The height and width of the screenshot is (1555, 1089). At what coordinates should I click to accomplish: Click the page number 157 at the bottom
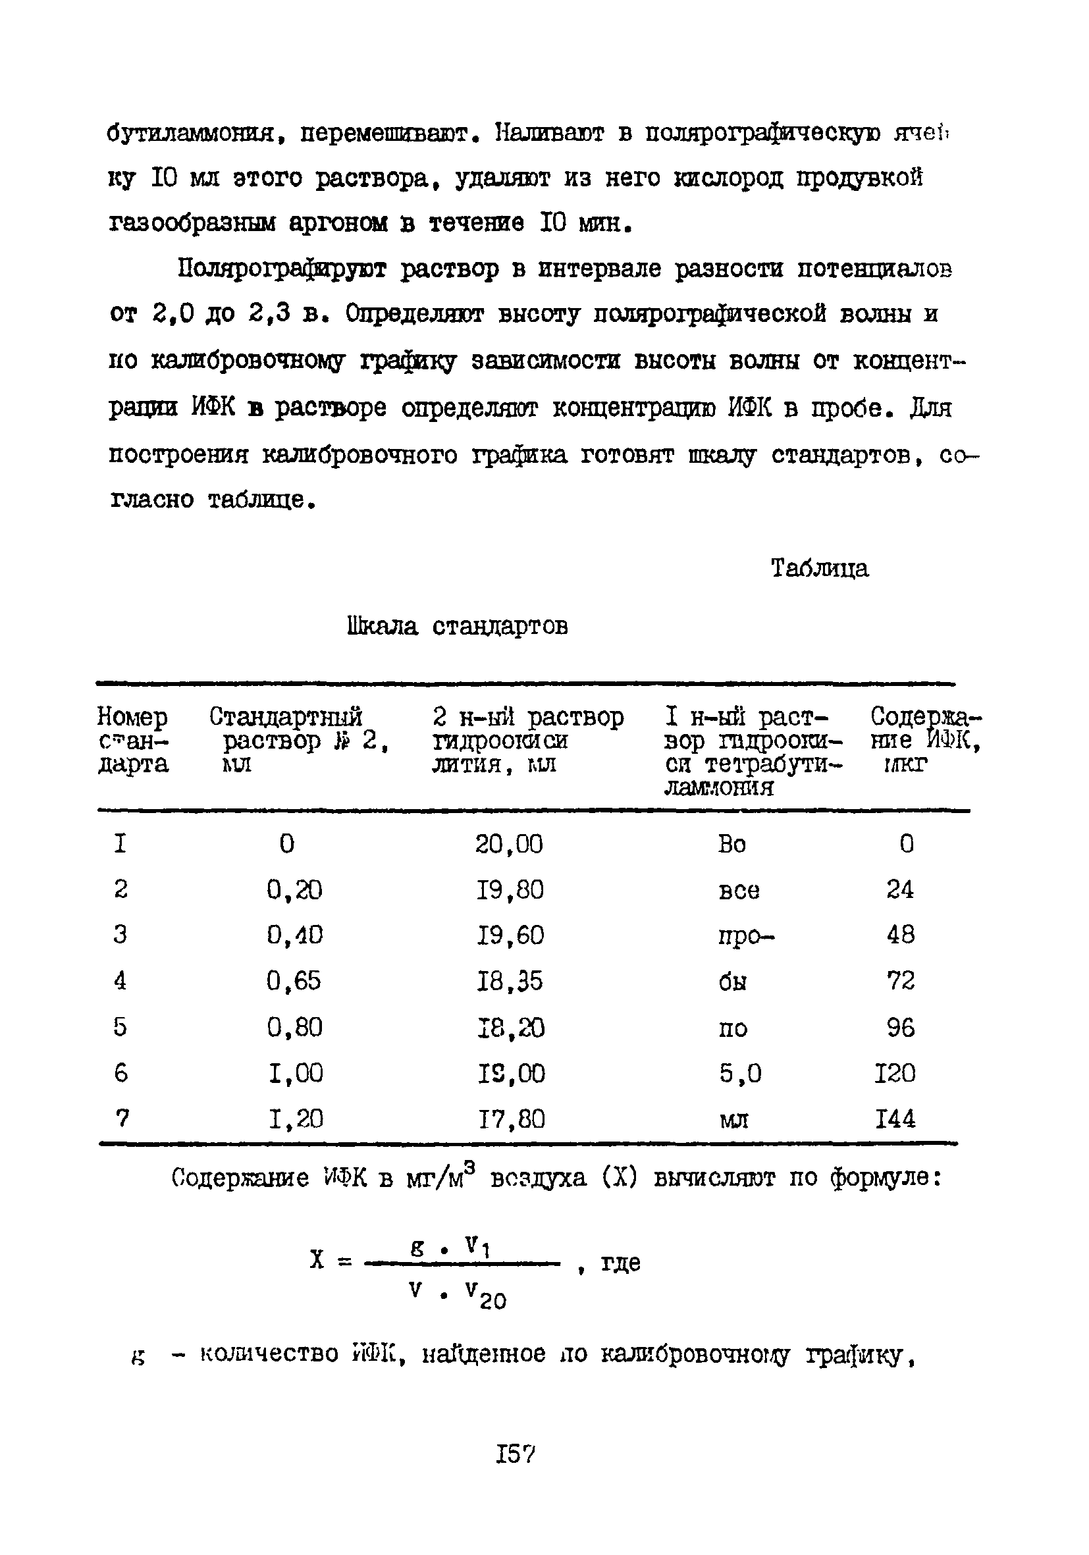pos(516,1454)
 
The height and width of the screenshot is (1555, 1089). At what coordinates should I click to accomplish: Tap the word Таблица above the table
pos(819,567)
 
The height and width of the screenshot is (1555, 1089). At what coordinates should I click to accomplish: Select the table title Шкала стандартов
pos(457,627)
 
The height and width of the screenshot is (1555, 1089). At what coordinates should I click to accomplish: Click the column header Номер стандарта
pos(133,740)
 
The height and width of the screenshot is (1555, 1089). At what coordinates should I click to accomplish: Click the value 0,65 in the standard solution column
pos(294,981)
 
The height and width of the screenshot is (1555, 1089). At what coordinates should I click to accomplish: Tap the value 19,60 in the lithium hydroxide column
pos(510,936)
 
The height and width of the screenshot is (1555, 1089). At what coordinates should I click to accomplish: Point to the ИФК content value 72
pos(900,981)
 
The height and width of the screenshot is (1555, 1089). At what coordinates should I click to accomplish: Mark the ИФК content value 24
pos(899,889)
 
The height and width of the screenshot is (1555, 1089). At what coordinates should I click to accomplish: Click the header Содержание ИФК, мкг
pos(925,740)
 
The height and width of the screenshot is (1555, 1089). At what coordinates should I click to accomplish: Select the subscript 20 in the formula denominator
pos(492,1301)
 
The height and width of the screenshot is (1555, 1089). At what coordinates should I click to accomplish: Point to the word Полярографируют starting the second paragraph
pos(282,269)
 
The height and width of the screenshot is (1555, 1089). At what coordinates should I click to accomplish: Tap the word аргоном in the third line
pos(338,223)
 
